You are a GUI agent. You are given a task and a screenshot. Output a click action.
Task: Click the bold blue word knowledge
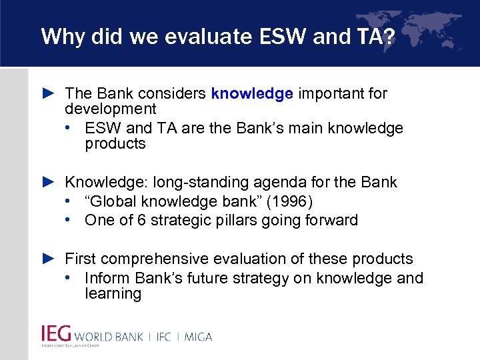point(252,93)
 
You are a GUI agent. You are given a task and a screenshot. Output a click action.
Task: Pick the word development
point(110,109)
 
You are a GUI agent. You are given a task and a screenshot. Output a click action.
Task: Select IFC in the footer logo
point(163,336)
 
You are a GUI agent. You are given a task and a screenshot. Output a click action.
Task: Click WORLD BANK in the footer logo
point(109,336)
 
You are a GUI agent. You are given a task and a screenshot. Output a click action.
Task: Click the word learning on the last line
point(113,294)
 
